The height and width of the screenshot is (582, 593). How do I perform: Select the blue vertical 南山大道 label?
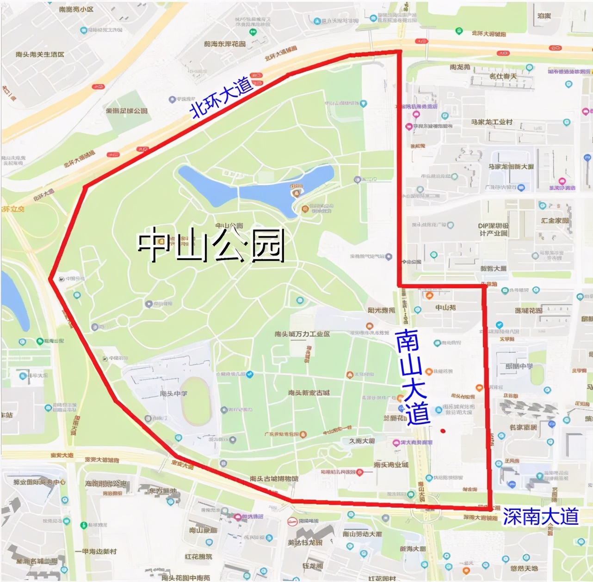(x=412, y=377)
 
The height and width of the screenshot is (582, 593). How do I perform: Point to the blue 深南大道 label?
(x=540, y=517)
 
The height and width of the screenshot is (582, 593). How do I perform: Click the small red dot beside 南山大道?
(x=443, y=431)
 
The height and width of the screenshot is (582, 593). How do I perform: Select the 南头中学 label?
(x=173, y=394)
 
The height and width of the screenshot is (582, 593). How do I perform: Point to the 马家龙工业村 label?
(x=492, y=122)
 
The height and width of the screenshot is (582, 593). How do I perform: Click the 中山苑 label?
(x=445, y=307)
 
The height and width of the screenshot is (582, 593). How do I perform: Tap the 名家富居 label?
(x=523, y=427)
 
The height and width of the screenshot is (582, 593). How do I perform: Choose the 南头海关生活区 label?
(x=40, y=55)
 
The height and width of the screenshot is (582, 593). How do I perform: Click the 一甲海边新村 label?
(x=96, y=552)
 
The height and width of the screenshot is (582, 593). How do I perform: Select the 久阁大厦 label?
(x=362, y=441)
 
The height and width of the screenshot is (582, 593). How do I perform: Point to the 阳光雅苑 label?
(x=381, y=310)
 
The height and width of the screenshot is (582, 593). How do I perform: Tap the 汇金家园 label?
(x=555, y=220)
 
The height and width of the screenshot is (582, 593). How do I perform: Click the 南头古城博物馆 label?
(x=274, y=479)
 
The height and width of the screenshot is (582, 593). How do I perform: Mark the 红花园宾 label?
(x=198, y=557)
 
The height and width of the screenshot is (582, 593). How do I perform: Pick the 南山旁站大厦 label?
(x=362, y=534)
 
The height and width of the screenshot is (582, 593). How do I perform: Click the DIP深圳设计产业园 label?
(x=493, y=230)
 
